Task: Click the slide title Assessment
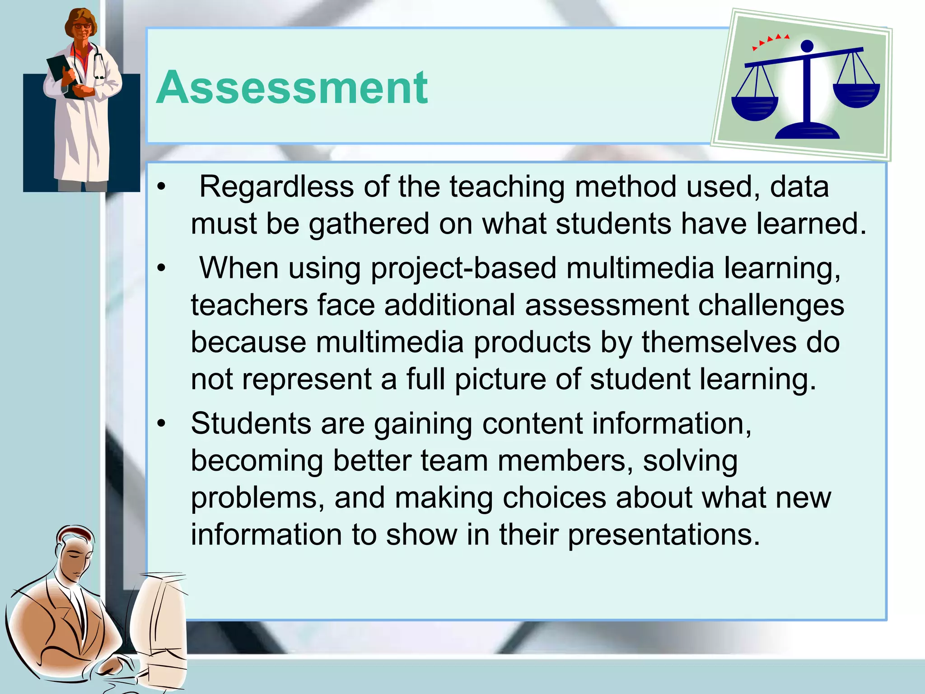coord(292,88)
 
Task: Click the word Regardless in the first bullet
coord(276,187)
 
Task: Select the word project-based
coord(463,269)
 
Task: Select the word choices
coord(554,498)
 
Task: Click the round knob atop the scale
coord(807,46)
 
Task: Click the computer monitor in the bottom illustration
coord(160,628)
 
